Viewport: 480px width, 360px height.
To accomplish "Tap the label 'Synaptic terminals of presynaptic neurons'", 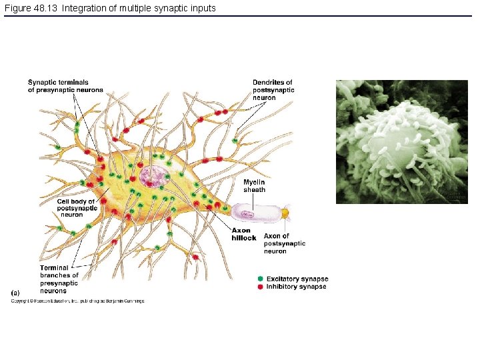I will (65, 86).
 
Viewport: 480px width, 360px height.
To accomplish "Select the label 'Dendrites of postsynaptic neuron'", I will (273, 90).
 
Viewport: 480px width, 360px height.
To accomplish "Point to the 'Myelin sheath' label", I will (254, 186).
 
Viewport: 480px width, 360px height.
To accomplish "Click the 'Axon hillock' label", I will (243, 234).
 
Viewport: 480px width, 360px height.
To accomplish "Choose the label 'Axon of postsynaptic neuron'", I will (284, 243).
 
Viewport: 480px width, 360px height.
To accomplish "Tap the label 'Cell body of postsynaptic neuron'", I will (77, 208).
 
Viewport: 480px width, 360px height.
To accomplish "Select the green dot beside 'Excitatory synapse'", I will (260, 279).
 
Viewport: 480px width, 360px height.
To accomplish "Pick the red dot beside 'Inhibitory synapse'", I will (260, 287).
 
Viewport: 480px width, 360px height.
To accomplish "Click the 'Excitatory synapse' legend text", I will (296, 279).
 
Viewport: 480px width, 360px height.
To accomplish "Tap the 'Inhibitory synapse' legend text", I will (296, 287).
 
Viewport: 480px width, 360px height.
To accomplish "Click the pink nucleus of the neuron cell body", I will (154, 177).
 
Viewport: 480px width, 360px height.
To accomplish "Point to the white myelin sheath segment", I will (257, 213).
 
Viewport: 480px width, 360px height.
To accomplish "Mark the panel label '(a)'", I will (15, 293).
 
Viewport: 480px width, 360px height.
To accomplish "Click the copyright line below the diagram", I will (77, 301).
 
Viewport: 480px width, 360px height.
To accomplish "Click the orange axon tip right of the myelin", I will (285, 214).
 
